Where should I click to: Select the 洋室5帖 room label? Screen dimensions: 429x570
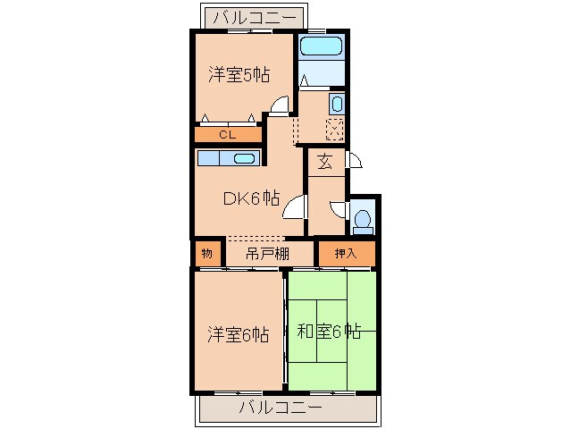pos(239,75)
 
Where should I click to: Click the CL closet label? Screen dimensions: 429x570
pos(227,135)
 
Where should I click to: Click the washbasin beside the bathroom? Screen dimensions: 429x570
pos(336,103)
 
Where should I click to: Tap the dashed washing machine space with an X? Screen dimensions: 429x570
pos(335,129)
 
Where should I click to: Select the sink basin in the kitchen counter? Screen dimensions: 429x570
pos(244,159)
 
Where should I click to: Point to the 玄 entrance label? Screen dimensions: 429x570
pos(325,163)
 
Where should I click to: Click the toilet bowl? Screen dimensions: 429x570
pos(363,219)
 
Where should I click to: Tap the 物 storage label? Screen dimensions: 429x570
pos(206,254)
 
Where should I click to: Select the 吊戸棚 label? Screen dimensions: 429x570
pos(267,254)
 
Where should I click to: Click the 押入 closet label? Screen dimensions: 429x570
pos(345,254)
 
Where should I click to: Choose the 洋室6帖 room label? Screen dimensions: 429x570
pos(239,334)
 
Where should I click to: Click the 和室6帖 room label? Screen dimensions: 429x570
pos(328,332)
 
